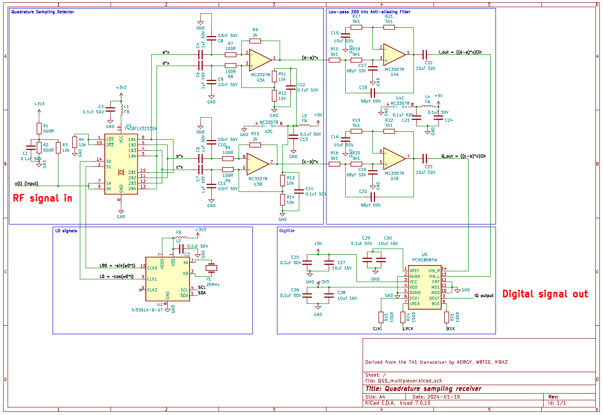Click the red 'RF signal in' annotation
pos(42,198)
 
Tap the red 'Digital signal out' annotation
pos(545,294)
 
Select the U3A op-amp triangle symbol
pos(260,60)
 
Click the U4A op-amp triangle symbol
pos(394,54)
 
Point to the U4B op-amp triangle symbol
pos(394,158)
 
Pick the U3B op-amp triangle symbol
pos(257,164)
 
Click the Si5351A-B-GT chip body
pos(168,279)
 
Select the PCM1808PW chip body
pos(424,287)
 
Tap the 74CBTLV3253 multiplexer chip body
pos(121,164)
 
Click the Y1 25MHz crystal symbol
pos(211,268)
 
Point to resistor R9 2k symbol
pos(255,41)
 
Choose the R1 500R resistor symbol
pos(39,129)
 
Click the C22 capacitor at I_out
pos(425,54)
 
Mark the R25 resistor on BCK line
pos(446,317)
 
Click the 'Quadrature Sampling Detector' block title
pos(43,12)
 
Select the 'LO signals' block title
pos(66,231)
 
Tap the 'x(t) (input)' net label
pos(26,183)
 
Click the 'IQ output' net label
pos(483,295)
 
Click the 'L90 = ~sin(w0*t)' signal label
pos(117,266)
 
